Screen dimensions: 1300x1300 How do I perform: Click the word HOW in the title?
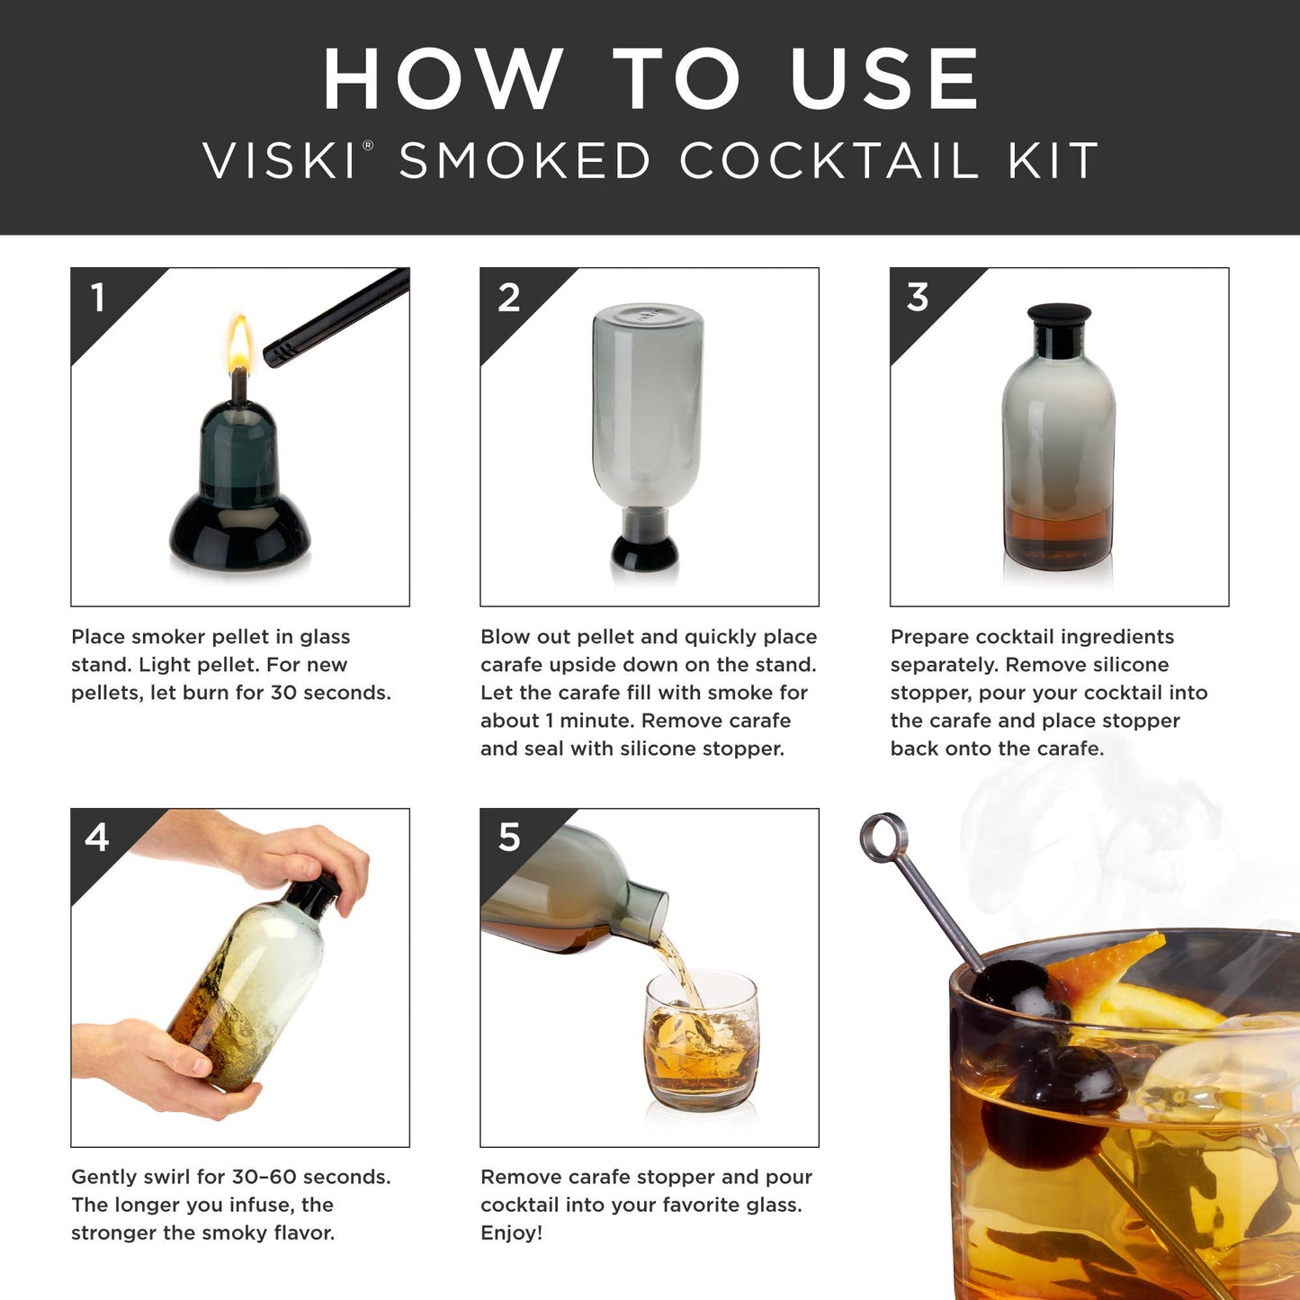(444, 80)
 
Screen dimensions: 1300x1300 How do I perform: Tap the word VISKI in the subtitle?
(280, 162)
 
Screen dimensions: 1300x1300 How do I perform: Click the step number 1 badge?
(98, 298)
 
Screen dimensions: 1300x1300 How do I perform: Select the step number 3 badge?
(917, 298)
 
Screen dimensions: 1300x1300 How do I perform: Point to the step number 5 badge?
(509, 838)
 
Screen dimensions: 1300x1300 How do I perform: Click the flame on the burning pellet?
(239, 346)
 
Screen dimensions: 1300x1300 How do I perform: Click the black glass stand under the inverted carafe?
(644, 551)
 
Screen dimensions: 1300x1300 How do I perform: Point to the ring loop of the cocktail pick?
(883, 837)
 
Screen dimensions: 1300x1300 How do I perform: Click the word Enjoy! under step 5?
(511, 1233)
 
